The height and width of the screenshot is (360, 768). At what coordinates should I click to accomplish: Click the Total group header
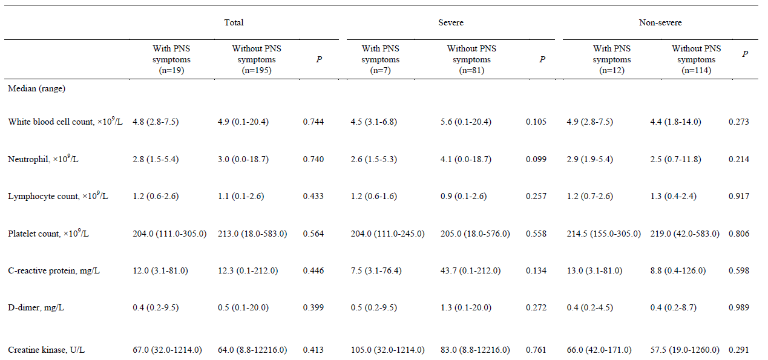(x=234, y=22)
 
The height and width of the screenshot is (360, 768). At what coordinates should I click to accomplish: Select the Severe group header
(x=450, y=22)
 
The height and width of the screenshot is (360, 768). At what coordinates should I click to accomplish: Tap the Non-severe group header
(x=660, y=22)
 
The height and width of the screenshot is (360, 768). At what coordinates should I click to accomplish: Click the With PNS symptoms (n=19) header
(x=171, y=59)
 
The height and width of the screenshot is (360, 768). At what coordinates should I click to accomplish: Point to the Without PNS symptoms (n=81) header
(x=471, y=59)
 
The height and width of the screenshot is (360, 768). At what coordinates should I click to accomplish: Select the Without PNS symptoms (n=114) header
(x=696, y=59)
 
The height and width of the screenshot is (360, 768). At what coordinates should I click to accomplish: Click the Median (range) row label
(x=37, y=88)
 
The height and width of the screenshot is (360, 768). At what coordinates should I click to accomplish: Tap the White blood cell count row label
(x=65, y=121)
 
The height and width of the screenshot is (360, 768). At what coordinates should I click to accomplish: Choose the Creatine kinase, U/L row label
(x=46, y=350)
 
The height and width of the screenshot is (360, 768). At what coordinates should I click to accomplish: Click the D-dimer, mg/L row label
(x=36, y=307)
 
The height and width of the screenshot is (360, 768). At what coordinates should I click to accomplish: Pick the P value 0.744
(x=313, y=122)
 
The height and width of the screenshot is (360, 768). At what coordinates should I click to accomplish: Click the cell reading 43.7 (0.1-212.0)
(x=470, y=271)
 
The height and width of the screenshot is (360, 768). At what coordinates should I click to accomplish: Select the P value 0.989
(x=739, y=307)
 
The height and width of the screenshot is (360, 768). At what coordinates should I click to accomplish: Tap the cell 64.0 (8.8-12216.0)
(x=252, y=350)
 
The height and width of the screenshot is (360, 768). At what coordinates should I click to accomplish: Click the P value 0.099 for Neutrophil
(x=536, y=160)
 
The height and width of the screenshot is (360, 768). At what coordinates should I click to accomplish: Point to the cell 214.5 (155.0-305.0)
(x=603, y=234)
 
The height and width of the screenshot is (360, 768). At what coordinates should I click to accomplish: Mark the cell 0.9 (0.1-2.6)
(x=464, y=197)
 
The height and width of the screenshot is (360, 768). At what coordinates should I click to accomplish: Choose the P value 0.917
(x=739, y=197)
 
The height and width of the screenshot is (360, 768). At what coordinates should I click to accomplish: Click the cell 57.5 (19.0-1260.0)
(x=684, y=350)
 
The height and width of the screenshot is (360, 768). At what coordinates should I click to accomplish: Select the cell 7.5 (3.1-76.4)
(x=376, y=271)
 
